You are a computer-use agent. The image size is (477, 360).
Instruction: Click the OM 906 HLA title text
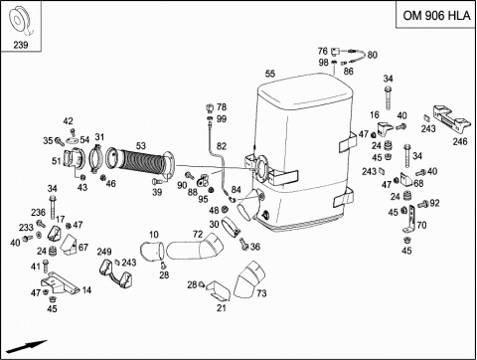(x=436, y=16)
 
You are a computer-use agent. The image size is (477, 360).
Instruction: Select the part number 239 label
(x=21, y=45)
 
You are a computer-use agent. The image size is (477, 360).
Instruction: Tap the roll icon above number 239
(x=20, y=21)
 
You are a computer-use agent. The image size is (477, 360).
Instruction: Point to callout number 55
(x=270, y=74)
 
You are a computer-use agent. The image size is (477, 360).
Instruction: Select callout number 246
(x=460, y=141)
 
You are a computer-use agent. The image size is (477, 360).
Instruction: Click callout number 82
(x=222, y=146)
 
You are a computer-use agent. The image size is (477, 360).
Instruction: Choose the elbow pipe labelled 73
(x=249, y=279)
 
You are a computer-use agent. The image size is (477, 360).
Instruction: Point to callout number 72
(x=198, y=235)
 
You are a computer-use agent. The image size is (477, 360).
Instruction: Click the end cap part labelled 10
(x=152, y=252)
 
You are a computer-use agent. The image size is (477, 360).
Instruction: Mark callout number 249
(x=104, y=252)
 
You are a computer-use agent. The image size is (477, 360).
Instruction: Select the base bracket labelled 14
(x=59, y=283)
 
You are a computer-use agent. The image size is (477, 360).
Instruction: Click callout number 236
(x=39, y=213)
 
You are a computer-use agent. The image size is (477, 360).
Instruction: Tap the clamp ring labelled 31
(x=96, y=159)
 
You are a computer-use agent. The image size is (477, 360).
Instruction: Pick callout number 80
(x=373, y=55)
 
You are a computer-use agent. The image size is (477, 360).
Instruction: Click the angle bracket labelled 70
(x=410, y=220)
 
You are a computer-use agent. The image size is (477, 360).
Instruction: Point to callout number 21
(x=222, y=308)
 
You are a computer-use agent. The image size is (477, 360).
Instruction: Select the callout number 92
(x=434, y=203)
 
